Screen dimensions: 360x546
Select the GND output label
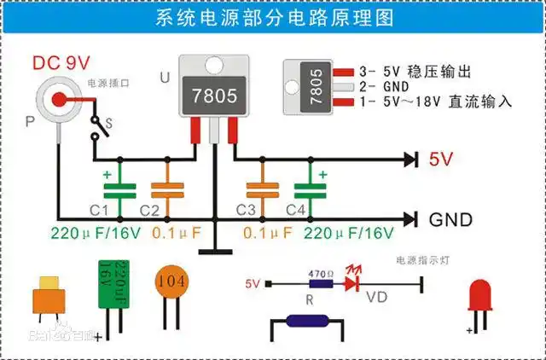point(450,220)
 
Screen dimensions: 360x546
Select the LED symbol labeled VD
point(351,285)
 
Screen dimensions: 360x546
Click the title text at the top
point(273,19)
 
